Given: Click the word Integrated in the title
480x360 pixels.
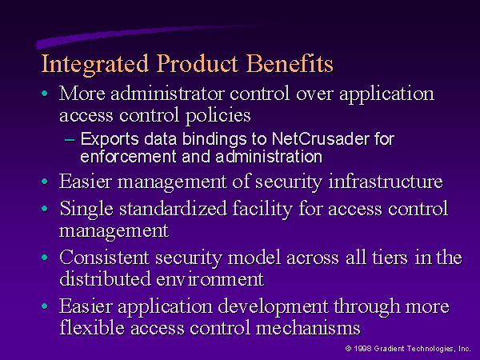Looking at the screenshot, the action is point(95,65).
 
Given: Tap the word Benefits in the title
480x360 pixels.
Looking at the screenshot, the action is point(290,63).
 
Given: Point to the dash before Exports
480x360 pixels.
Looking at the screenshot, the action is point(70,140).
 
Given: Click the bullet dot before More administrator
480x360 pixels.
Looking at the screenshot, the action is point(45,93).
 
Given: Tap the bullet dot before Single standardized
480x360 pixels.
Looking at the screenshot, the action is point(45,209).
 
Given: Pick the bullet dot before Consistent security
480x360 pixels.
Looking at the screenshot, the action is point(45,257).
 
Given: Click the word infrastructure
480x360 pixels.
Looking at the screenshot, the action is point(386,182).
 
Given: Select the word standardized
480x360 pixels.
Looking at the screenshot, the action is point(173,209).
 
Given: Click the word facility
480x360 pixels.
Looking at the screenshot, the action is point(262,210).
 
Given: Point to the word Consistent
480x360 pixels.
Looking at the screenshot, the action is point(104,257).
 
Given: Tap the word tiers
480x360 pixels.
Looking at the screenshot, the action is point(390,257).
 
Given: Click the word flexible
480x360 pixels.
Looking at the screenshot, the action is point(92,327).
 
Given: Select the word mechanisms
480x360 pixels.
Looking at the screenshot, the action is point(308,327).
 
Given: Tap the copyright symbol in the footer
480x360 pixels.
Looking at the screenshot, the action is point(348,348).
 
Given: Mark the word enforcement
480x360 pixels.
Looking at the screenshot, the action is point(128,157).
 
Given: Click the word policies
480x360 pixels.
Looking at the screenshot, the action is point(218,116).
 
